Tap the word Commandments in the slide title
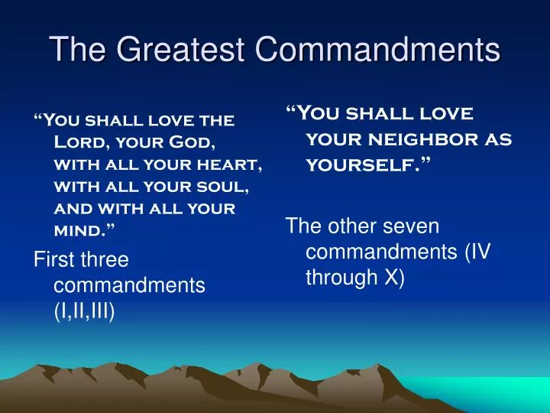377,50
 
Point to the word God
187,142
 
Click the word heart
234,164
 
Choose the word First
53,260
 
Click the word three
103,260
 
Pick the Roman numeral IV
479,252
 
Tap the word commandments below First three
130,286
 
